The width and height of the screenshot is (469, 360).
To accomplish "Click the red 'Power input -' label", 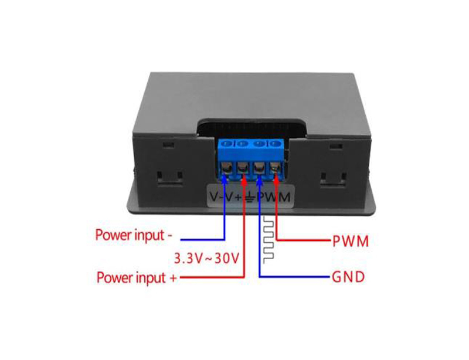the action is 134,235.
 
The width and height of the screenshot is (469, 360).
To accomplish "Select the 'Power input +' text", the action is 137,278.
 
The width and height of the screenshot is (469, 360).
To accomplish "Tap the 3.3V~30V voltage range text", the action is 207,259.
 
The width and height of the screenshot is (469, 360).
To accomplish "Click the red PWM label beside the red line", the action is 351,241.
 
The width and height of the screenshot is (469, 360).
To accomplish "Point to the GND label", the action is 348,277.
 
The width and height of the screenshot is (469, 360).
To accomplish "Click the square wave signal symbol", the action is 269,240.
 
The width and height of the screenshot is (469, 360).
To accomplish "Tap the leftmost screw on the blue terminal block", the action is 227,144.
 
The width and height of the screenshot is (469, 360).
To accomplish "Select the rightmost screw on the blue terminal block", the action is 273,144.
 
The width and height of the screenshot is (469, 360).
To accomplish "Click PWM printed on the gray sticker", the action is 274,197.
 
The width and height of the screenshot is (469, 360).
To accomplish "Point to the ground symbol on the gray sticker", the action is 251,198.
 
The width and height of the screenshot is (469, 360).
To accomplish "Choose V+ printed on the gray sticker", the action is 235,197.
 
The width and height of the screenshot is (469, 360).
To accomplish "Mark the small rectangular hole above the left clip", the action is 168,145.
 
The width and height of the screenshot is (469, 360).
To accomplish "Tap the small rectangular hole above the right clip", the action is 335,146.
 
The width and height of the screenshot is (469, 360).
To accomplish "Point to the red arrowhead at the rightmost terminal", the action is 276,176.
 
